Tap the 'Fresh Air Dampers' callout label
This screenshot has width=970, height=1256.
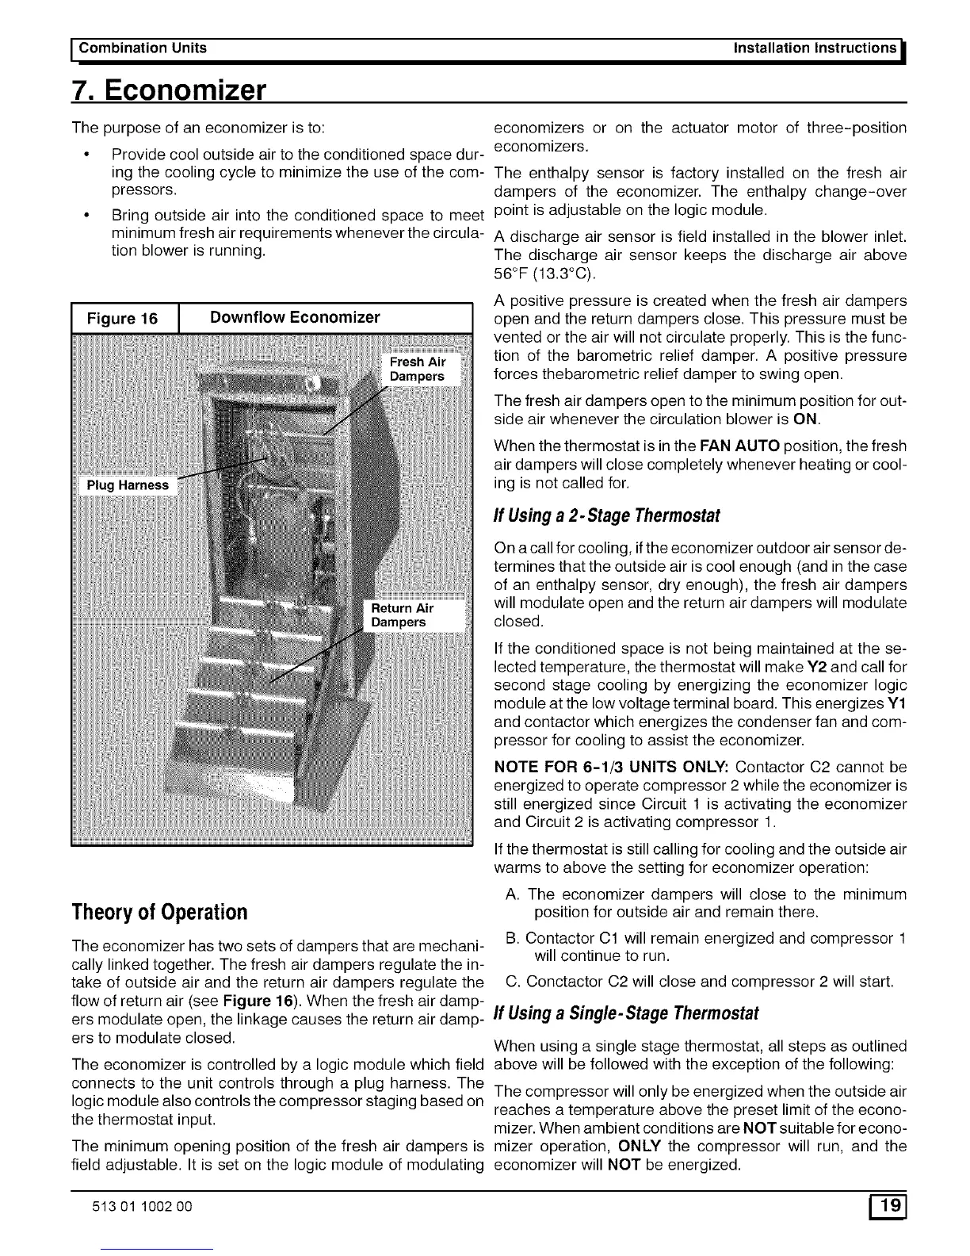(x=417, y=370)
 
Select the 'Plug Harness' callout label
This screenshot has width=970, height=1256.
(x=128, y=485)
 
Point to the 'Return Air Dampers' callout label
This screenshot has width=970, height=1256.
(x=403, y=615)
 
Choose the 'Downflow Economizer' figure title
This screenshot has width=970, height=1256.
(x=294, y=318)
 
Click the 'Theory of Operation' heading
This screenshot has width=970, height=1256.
(x=159, y=911)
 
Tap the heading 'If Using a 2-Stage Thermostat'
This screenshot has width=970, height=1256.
(x=606, y=516)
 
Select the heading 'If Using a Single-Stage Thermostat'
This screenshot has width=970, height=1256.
(x=626, y=1013)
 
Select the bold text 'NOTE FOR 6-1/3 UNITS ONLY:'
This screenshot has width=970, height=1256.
(x=611, y=768)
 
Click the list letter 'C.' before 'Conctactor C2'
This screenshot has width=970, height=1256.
(x=512, y=983)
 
